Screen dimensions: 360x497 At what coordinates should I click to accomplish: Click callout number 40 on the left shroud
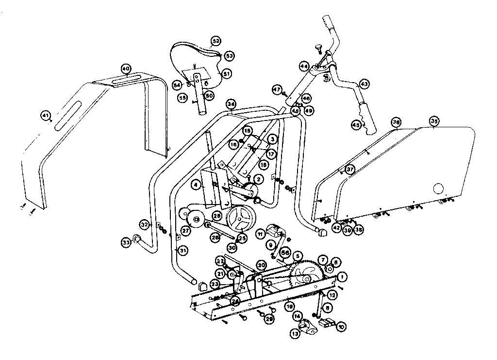point(126,69)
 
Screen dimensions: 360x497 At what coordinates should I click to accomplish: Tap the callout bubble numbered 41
point(45,116)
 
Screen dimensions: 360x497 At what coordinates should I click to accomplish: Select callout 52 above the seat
point(215,41)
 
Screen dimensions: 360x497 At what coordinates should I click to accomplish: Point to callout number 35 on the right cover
point(434,121)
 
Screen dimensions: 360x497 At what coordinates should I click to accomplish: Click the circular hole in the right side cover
point(438,188)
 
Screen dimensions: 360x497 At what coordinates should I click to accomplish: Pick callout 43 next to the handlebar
point(364,84)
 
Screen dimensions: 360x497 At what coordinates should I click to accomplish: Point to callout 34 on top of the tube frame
point(231,104)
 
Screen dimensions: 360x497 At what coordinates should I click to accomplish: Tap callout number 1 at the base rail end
point(342,277)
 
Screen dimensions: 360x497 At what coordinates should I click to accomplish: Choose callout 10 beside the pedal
point(341,326)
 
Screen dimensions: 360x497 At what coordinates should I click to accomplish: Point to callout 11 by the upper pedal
point(261,235)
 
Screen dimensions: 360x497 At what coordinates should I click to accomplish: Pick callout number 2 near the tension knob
point(259,179)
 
